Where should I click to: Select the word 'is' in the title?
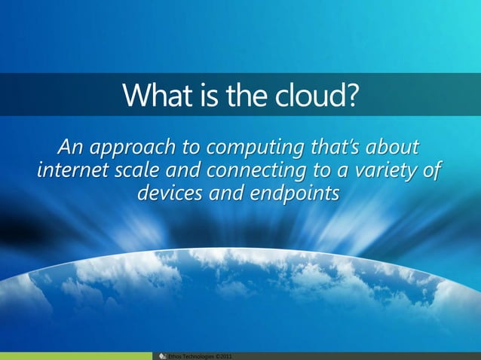[x=198, y=95]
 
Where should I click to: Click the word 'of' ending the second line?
[x=431, y=169]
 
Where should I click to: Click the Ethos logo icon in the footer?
[x=161, y=355]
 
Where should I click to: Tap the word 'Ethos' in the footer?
[x=174, y=355]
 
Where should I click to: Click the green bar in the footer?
[x=75, y=355]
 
